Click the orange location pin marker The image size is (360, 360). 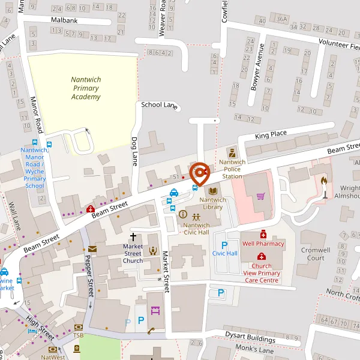(x=199, y=173)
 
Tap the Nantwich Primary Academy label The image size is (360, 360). (x=85, y=88)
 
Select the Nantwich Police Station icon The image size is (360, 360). (x=231, y=152)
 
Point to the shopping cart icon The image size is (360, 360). (x=260, y=196)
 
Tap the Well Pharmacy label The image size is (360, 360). (x=262, y=244)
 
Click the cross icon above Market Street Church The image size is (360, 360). (x=133, y=237)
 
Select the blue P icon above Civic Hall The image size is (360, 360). (x=224, y=244)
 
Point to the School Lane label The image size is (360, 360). (x=159, y=105)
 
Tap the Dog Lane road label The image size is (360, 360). (x=134, y=151)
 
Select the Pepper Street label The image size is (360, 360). (x=89, y=275)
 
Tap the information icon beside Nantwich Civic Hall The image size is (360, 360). (x=183, y=214)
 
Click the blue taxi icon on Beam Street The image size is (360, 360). (x=173, y=193)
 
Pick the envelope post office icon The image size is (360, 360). (x=92, y=248)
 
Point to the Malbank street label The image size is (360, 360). (x=64, y=20)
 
